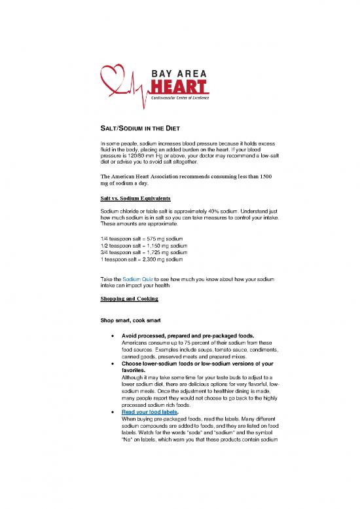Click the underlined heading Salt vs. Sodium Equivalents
click(135, 197)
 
